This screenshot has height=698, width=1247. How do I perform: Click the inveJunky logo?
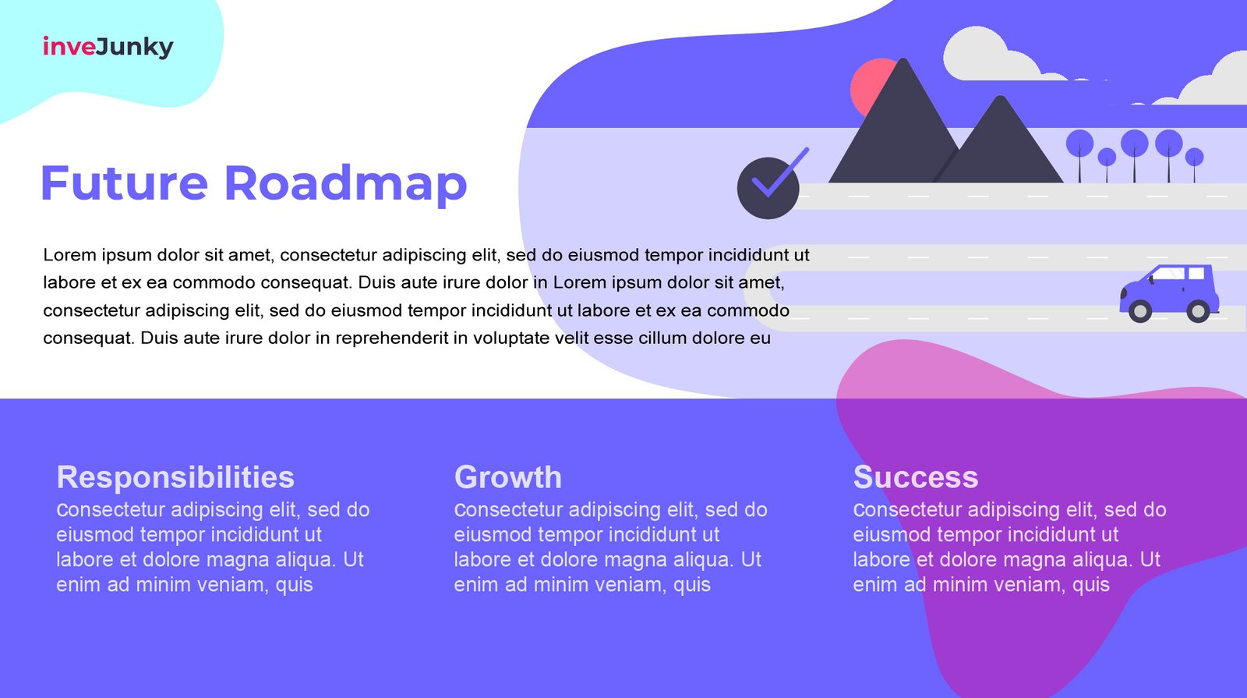(108, 47)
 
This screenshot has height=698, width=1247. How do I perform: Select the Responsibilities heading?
(175, 477)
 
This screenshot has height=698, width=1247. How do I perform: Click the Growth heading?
(507, 478)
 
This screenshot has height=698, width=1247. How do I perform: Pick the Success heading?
(915, 477)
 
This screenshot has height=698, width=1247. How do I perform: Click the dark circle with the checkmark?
(768, 188)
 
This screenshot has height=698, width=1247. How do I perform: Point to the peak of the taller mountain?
(903, 59)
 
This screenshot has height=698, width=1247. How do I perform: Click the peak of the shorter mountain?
(1001, 97)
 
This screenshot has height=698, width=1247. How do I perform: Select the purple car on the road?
(1169, 293)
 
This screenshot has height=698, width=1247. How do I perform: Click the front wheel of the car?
(1139, 311)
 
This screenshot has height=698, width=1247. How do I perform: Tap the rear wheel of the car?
(1198, 311)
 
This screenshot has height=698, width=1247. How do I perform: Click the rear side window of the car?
(1196, 273)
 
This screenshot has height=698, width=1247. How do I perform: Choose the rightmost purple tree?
(1194, 165)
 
